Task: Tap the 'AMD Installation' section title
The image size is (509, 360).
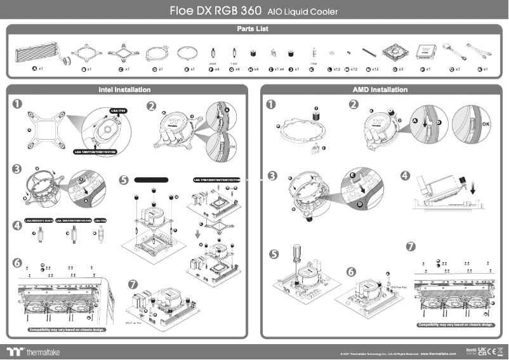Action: click(380, 90)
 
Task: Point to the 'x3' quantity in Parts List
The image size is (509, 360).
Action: click(400, 69)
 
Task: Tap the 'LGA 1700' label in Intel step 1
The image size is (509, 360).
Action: click(118, 110)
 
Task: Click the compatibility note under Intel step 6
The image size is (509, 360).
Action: click(67, 330)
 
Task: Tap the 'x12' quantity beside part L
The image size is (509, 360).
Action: click(336, 69)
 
